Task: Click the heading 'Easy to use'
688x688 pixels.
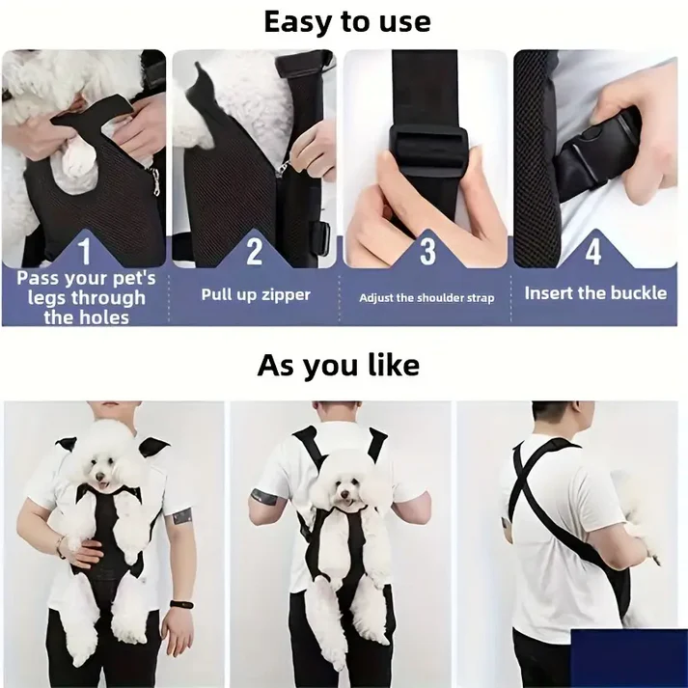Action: pos(346,21)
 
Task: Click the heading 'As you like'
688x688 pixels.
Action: pos(339,366)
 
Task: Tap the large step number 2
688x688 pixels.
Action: pos(255,251)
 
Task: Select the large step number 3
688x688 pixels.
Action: pos(427,251)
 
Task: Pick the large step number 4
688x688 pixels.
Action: pos(593,251)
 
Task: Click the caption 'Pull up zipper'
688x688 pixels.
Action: pos(256,294)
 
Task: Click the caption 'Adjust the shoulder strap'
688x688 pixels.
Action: pos(427,298)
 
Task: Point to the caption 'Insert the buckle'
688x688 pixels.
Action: pos(595,293)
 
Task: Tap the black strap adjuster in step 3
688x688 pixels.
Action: pos(426,137)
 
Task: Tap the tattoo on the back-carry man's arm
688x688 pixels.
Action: pos(261,497)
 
